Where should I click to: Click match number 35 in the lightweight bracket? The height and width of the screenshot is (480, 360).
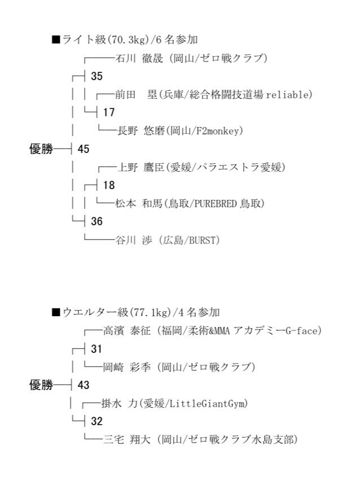[x=96, y=76]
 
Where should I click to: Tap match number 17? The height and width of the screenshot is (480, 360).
[x=109, y=112]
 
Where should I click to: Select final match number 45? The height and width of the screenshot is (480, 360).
[x=83, y=149]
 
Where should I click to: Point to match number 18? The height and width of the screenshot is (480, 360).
[x=109, y=185]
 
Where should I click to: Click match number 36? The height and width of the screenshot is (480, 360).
[x=96, y=221]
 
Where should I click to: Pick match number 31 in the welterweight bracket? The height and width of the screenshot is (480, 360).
[x=96, y=348]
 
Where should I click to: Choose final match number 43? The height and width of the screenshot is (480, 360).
[x=83, y=385]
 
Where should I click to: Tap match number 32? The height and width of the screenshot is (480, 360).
[x=96, y=421]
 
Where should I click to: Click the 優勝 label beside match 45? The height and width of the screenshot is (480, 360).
[x=41, y=149]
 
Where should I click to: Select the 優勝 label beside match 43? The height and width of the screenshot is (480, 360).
[x=41, y=385]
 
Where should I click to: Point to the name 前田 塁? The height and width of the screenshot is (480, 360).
[x=137, y=95]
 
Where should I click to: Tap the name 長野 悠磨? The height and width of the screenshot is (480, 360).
[x=141, y=130]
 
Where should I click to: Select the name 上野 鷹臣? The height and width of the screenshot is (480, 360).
[x=141, y=167]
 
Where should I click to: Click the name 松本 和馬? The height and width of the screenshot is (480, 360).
[x=139, y=203]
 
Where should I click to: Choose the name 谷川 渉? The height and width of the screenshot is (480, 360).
[x=134, y=241]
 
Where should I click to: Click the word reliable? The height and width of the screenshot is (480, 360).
[x=287, y=95]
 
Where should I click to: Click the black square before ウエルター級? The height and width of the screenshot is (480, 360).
[x=56, y=312]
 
